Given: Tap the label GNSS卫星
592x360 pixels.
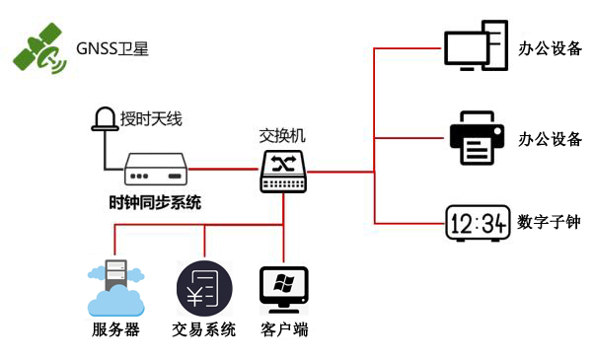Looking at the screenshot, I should (112, 48).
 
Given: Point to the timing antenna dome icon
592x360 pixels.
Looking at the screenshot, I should (103, 120).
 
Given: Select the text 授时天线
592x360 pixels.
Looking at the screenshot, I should (151, 120).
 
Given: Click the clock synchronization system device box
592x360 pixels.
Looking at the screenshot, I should (156, 170).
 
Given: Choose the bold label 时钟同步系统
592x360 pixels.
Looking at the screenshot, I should (155, 203).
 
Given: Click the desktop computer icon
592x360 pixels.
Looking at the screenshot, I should (476, 47).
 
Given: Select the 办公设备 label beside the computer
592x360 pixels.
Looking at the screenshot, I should (550, 47).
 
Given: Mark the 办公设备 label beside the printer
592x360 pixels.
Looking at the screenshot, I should (550, 138).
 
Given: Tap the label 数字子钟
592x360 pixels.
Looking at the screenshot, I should (549, 223).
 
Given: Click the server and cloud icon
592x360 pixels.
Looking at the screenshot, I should (114, 287).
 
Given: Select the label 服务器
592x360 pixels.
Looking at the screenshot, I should (115, 330).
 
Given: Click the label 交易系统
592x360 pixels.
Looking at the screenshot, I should (204, 330).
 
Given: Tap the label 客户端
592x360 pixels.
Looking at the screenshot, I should (284, 330).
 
